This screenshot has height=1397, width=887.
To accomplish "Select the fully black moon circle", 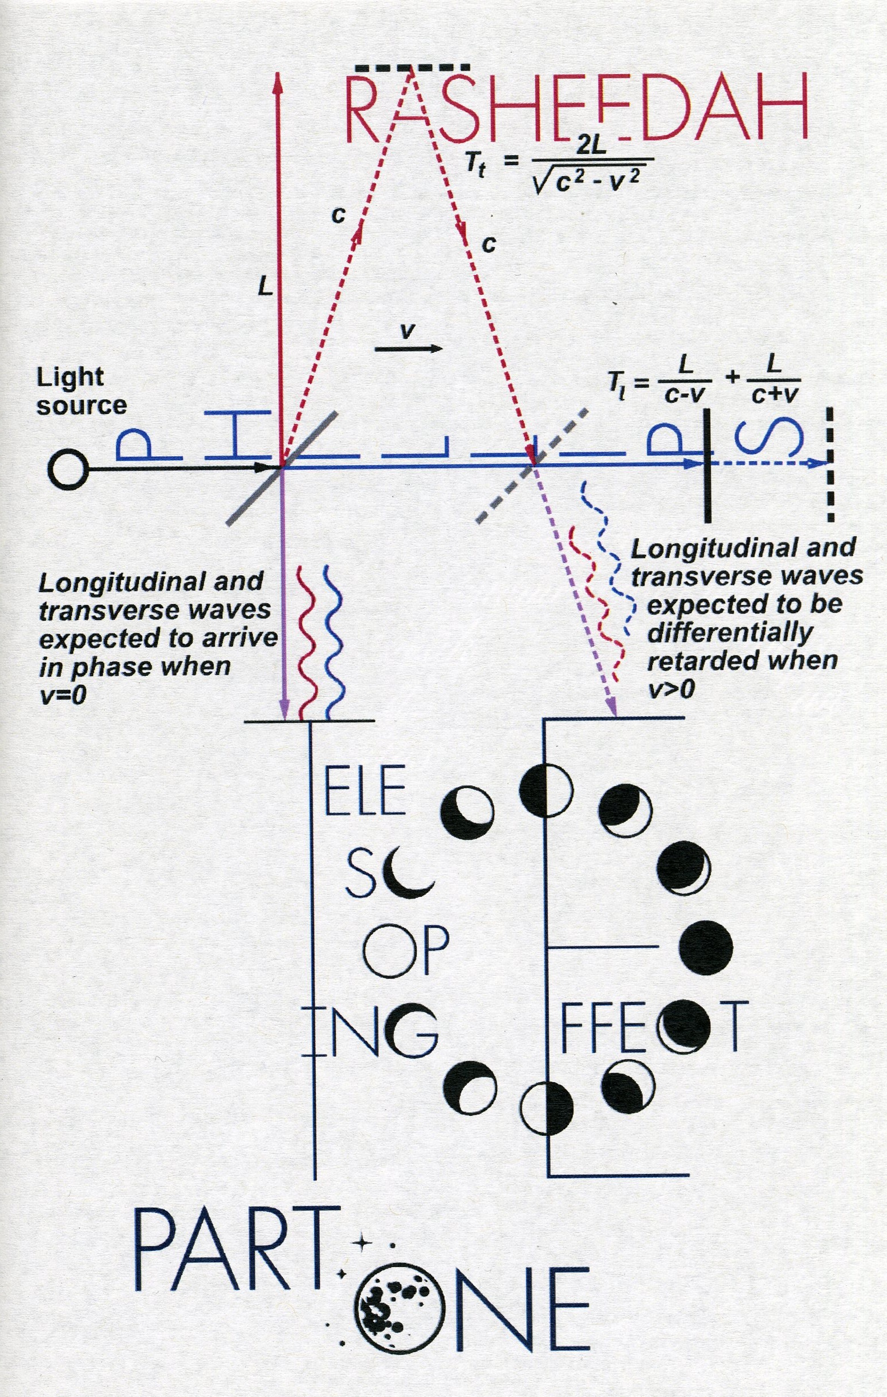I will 705,947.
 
